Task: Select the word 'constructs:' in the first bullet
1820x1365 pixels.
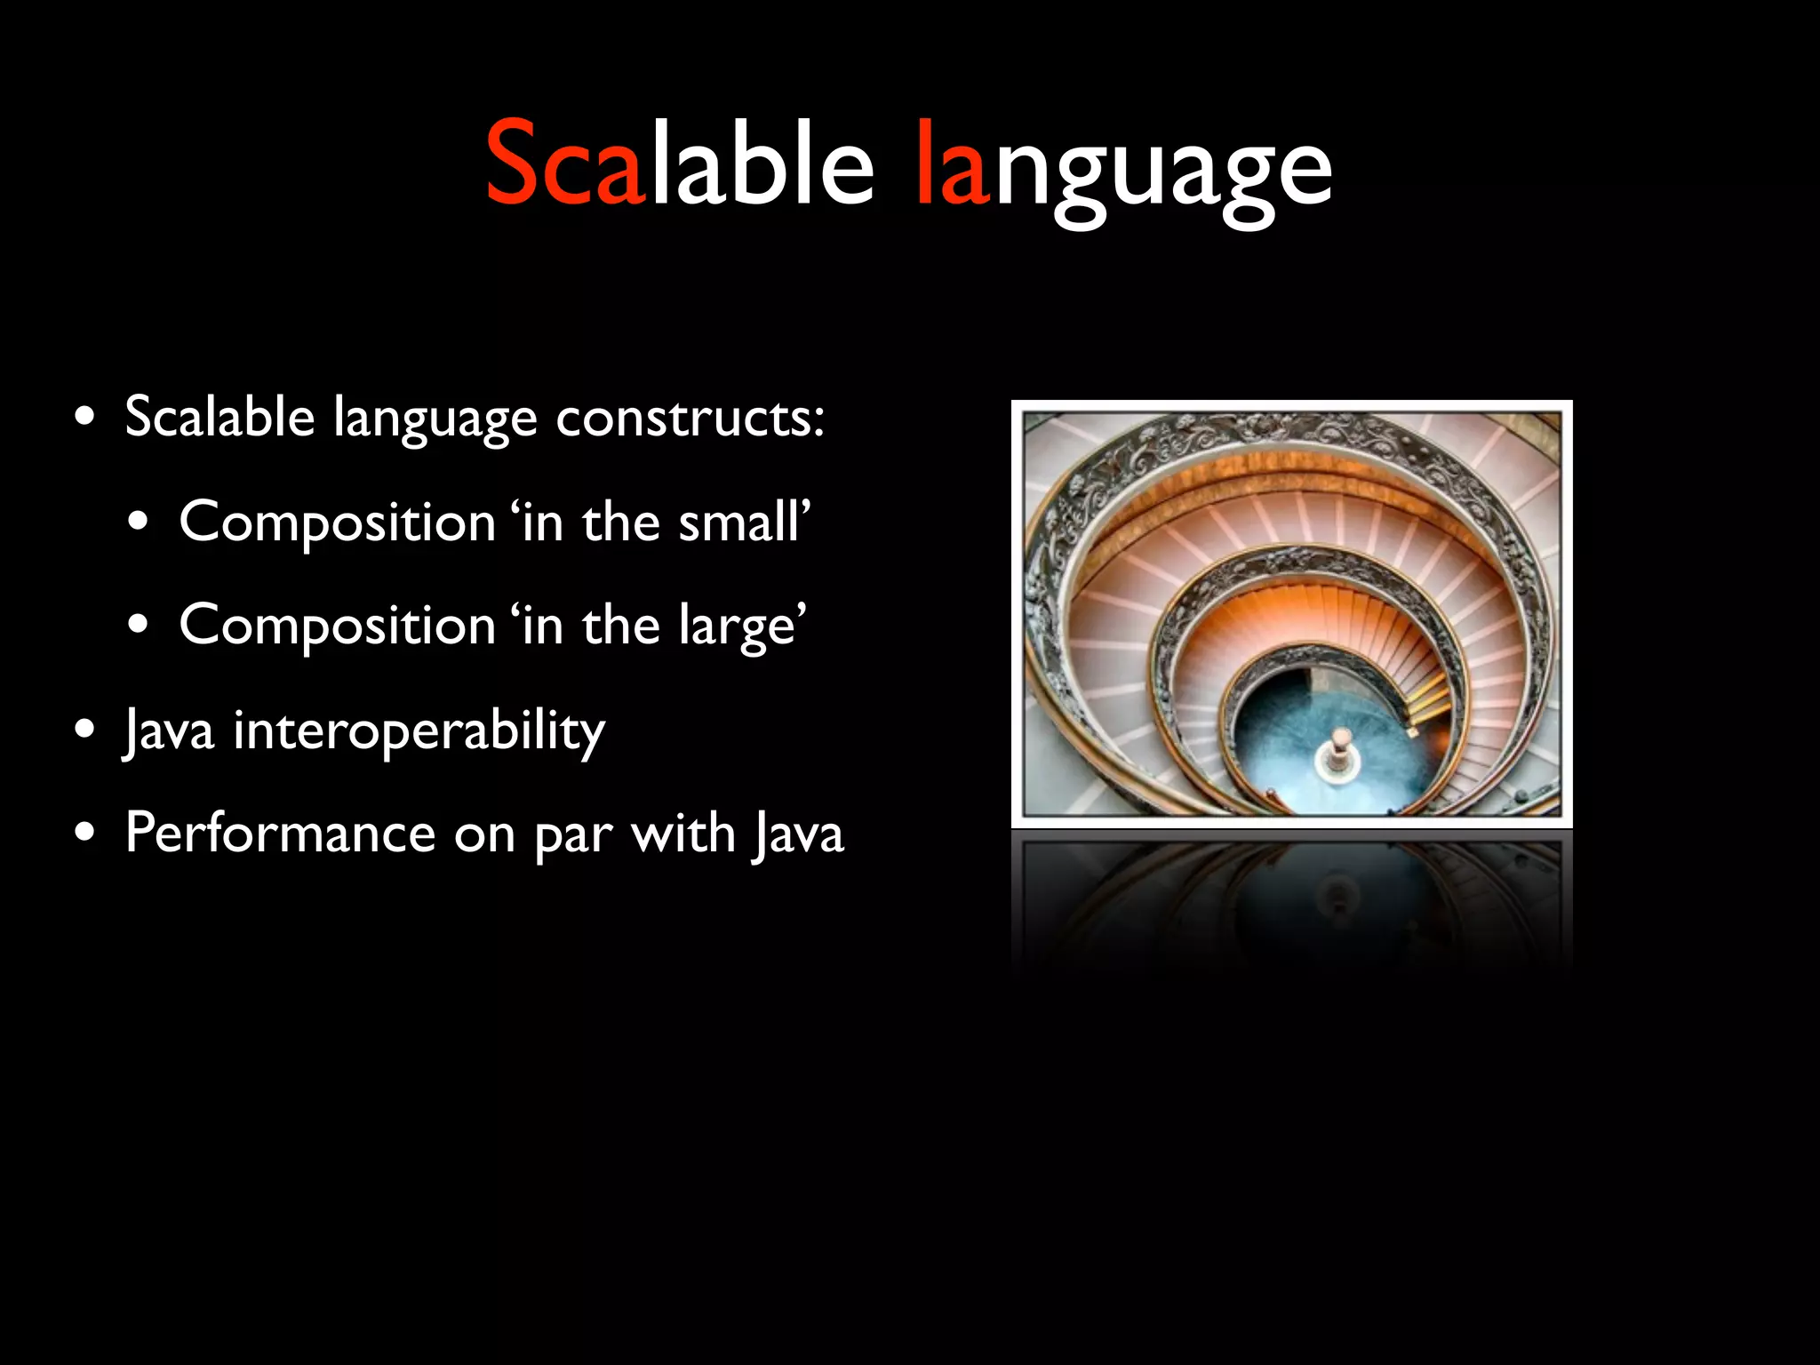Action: click(x=690, y=417)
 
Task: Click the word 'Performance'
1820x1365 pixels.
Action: click(x=280, y=834)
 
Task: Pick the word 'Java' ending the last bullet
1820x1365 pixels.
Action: click(x=798, y=835)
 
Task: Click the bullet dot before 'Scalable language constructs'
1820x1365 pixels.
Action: click(x=85, y=418)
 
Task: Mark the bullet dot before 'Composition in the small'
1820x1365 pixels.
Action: click(x=139, y=522)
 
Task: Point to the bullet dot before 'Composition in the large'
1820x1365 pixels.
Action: click(x=139, y=626)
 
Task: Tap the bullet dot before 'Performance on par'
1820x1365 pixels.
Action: click(x=85, y=834)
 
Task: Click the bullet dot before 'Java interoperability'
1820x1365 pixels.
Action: click(x=85, y=730)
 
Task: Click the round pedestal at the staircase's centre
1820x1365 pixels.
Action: click(x=1339, y=759)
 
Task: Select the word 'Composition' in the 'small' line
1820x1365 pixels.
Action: click(x=337, y=523)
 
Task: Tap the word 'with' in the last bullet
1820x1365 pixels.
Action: click(x=682, y=834)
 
